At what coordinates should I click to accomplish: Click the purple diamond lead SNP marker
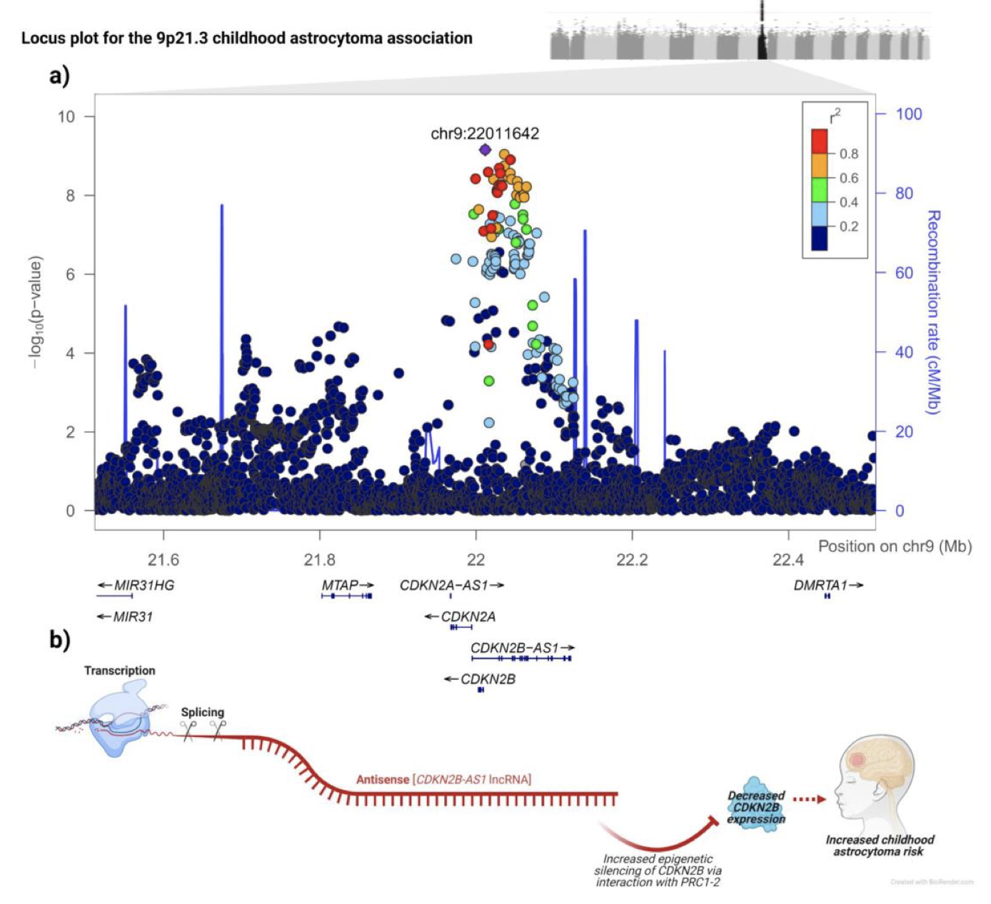[485, 149]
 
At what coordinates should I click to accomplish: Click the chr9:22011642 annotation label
[485, 134]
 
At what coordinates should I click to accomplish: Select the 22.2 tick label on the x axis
[632, 560]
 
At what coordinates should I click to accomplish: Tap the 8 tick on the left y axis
[70, 196]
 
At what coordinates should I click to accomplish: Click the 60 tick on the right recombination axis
[903, 273]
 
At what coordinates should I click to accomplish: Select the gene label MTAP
[340, 586]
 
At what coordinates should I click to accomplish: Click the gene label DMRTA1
[820, 586]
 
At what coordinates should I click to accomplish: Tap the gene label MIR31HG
[143, 586]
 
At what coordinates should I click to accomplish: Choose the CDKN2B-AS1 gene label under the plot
[515, 648]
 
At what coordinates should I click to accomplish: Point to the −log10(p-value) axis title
[35, 312]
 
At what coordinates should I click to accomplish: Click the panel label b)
[59, 639]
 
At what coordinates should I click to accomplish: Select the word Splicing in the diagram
[202, 712]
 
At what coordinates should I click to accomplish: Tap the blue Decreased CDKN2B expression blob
[755, 807]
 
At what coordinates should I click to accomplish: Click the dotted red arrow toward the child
[809, 800]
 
